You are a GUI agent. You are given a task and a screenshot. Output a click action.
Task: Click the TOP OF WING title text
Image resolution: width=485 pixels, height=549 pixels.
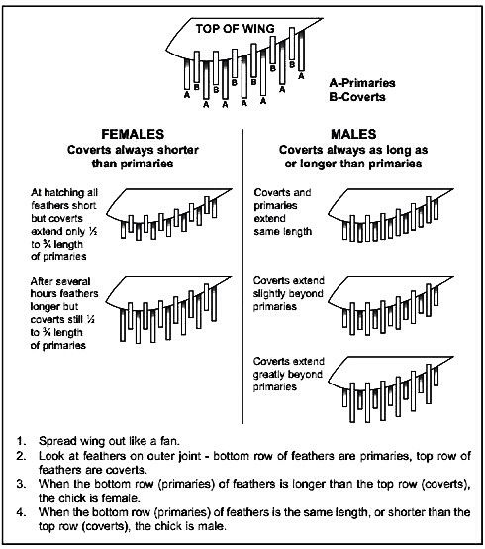[235, 29]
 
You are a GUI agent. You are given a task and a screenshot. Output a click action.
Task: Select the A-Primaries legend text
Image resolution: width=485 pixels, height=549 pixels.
[362, 83]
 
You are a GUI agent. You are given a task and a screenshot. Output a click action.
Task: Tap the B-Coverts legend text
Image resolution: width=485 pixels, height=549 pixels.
[357, 97]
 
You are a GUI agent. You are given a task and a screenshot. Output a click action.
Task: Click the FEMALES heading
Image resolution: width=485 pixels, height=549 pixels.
[133, 134]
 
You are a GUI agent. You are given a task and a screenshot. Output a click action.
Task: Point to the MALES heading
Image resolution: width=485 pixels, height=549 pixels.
[353, 134]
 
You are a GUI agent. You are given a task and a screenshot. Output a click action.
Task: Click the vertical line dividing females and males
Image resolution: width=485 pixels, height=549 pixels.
[242, 276]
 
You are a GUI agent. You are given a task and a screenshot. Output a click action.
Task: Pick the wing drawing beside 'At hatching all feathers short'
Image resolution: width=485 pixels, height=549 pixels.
[169, 214]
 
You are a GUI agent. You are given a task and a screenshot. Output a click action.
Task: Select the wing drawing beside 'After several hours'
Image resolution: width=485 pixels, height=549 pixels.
[168, 310]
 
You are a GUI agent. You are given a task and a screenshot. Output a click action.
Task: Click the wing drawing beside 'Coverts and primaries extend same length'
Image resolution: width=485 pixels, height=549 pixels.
[391, 215]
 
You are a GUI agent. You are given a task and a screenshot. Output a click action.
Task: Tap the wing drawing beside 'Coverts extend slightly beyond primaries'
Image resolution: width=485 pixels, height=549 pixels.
[391, 306]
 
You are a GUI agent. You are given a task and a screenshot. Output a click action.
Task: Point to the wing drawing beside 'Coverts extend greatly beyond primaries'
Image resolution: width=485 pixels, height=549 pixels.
[391, 389]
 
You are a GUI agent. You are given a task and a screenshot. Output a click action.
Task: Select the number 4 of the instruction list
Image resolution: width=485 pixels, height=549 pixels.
[22, 512]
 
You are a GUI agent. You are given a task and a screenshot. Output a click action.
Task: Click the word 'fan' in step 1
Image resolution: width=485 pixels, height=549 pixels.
[169, 441]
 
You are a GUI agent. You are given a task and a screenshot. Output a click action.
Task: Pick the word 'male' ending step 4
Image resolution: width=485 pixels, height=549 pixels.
[210, 526]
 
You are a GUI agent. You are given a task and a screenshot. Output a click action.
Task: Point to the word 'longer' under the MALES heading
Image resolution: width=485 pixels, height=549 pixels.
[318, 164]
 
